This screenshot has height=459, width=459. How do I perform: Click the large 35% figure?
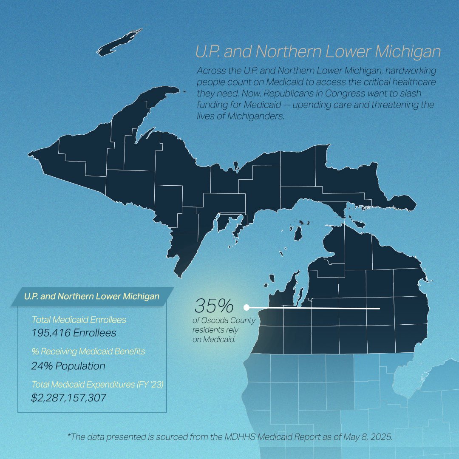(214, 306)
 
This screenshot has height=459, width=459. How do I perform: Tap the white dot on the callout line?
(246, 307)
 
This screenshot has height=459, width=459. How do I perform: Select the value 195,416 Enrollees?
(74, 332)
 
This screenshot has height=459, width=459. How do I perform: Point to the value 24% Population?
(68, 365)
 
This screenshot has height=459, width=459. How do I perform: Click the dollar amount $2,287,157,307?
(68, 398)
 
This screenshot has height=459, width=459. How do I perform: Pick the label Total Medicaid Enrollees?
(79, 319)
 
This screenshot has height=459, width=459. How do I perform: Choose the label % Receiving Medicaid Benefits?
(88, 351)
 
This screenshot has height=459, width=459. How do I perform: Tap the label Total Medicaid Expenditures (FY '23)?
(98, 385)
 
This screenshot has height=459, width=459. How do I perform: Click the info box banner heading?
(92, 296)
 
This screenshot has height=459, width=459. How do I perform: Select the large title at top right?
(317, 52)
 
